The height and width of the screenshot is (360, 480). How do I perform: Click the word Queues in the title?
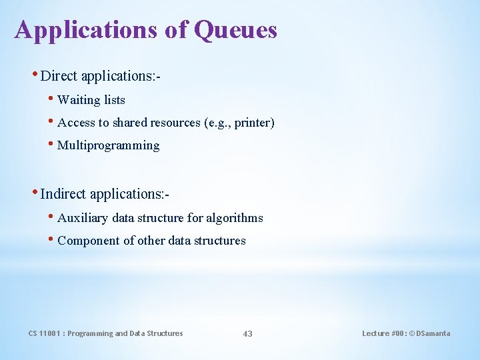point(235,30)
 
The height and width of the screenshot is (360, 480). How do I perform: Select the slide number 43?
point(247,333)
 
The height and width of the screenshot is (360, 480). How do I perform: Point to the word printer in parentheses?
point(253,123)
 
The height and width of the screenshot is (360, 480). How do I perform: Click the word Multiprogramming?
point(109,145)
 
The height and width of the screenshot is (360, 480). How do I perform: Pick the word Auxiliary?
point(83,218)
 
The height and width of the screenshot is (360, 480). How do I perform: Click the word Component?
point(89,241)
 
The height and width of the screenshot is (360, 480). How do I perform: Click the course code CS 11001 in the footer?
point(45,333)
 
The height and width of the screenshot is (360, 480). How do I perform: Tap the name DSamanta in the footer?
point(433,333)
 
